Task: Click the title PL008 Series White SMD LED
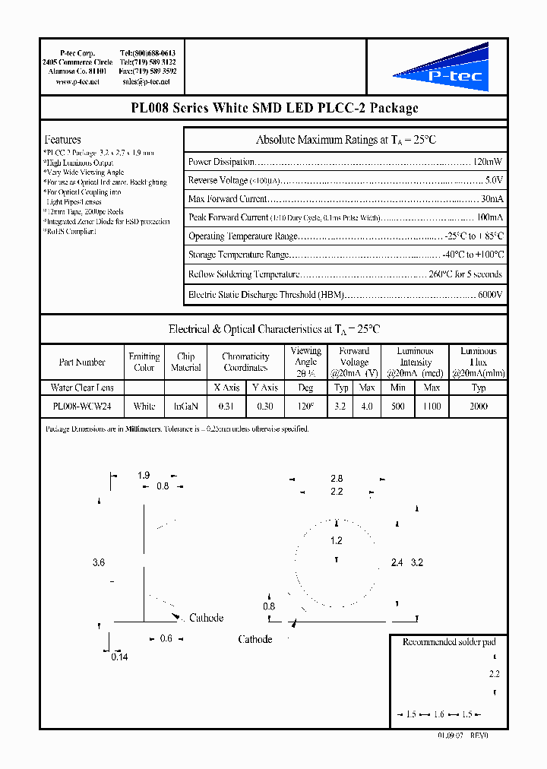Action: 273,108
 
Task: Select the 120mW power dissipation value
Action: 487,162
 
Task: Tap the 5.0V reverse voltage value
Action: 493,180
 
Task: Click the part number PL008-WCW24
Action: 82,407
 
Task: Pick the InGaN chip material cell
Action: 186,407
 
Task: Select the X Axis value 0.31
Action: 226,407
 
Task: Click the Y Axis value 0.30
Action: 264,407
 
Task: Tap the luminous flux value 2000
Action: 479,407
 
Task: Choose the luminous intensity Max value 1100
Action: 432,407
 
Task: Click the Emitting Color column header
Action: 144,362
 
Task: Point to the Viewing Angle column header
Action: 305,357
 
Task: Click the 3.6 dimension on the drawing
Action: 98,562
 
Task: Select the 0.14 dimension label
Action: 119,657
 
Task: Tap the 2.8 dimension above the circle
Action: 337,479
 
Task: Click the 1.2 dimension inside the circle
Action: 337,541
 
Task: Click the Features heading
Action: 63,140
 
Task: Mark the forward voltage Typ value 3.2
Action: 340,407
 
